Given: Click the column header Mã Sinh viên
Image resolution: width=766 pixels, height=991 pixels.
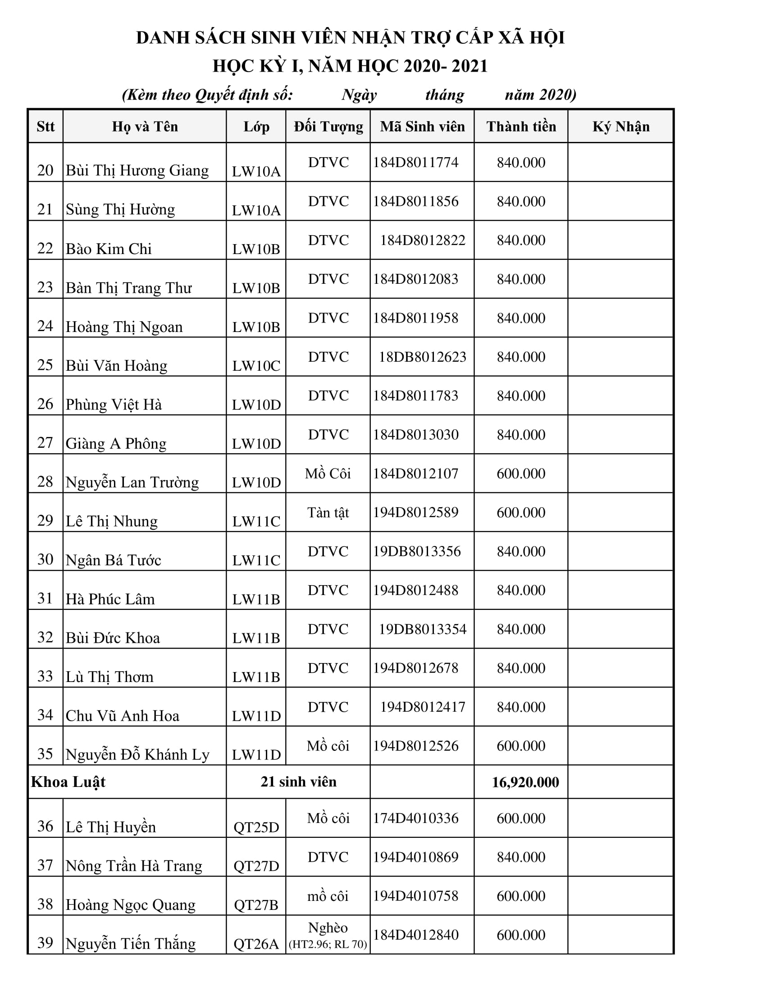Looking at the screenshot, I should [422, 127].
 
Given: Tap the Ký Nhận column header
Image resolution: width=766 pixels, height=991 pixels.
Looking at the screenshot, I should [621, 127].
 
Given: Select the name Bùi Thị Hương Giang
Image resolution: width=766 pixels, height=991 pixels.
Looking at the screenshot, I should [137, 171].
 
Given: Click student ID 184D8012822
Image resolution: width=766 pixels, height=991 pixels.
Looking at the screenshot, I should [423, 240].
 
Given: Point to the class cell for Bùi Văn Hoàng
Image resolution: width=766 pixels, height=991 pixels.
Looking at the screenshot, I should [256, 366].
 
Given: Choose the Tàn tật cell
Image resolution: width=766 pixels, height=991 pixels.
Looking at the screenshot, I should [328, 513].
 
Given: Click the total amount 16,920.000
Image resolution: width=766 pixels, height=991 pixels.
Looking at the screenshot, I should [525, 782].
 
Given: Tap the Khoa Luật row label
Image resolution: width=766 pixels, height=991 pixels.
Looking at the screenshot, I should [68, 782].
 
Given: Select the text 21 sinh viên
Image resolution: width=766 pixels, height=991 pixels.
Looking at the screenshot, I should [298, 782].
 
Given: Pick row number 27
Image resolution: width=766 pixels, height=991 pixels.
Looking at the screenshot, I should [46, 443].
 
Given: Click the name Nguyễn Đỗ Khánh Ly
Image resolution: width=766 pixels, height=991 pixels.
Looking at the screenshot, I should [137, 755].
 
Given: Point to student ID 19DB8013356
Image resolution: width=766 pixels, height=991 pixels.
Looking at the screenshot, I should [417, 551].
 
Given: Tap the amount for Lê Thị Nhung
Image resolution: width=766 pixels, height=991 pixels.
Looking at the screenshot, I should [521, 513].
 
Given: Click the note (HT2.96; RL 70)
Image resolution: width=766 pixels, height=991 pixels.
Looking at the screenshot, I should [328, 944].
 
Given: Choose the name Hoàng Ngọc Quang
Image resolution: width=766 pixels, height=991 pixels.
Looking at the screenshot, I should [131, 905].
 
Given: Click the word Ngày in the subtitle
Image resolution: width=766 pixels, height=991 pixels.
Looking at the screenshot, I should [359, 95].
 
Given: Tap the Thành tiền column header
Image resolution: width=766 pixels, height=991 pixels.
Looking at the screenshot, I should [521, 127].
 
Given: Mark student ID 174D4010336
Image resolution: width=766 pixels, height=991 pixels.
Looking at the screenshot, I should [416, 818].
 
